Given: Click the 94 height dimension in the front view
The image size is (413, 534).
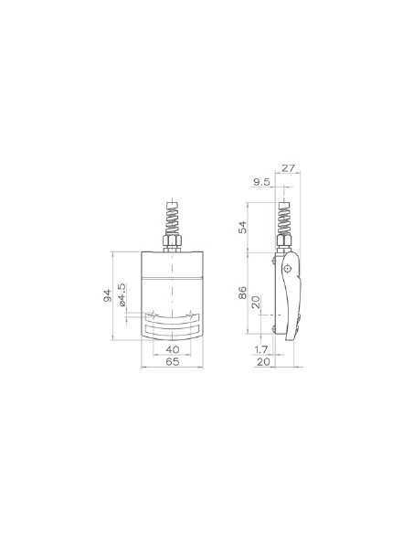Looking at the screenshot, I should click(x=107, y=294).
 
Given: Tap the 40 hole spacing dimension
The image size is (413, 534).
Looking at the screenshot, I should click(x=172, y=349).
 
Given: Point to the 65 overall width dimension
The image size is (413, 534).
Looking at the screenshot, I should click(x=172, y=363).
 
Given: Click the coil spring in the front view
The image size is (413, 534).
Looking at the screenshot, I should click(x=172, y=222).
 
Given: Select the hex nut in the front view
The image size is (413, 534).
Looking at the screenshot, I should click(x=172, y=244).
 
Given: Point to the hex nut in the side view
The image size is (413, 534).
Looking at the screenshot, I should click(x=283, y=244).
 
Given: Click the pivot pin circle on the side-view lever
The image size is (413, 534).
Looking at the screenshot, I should click(x=289, y=269).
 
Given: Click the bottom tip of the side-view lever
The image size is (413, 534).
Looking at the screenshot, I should click(x=291, y=340).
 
